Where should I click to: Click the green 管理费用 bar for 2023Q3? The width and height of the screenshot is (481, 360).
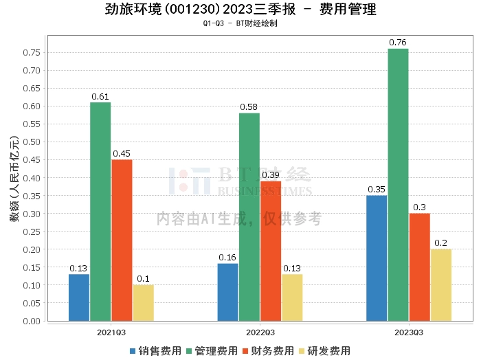(x=398, y=185)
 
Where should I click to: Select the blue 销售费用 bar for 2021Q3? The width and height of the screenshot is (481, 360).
(x=79, y=297)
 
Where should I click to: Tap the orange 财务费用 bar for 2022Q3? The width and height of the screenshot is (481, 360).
(x=271, y=251)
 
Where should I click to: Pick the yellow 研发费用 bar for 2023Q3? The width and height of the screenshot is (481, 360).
(x=440, y=285)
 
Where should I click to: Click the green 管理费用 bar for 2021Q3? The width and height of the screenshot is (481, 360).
(x=100, y=212)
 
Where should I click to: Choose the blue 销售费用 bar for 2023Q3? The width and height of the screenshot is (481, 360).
(x=377, y=258)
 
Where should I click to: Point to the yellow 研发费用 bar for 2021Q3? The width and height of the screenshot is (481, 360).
(x=143, y=303)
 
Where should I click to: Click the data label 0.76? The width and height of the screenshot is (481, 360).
(x=398, y=43)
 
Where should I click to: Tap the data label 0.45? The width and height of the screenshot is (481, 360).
(x=122, y=154)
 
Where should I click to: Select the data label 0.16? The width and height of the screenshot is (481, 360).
(x=227, y=258)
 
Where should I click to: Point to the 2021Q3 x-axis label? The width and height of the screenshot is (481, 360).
(x=111, y=332)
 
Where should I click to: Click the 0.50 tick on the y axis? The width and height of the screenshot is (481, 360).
(x=31, y=142)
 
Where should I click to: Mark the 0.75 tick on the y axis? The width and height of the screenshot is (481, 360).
(x=31, y=52)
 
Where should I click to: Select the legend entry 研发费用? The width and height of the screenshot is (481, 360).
(x=324, y=350)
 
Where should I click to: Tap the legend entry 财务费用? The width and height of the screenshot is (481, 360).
(x=267, y=350)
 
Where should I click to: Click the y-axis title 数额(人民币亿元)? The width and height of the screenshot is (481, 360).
(x=14, y=181)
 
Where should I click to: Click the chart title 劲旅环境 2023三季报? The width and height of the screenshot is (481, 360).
(x=240, y=10)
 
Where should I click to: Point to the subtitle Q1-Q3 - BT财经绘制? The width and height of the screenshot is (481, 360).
(x=240, y=23)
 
